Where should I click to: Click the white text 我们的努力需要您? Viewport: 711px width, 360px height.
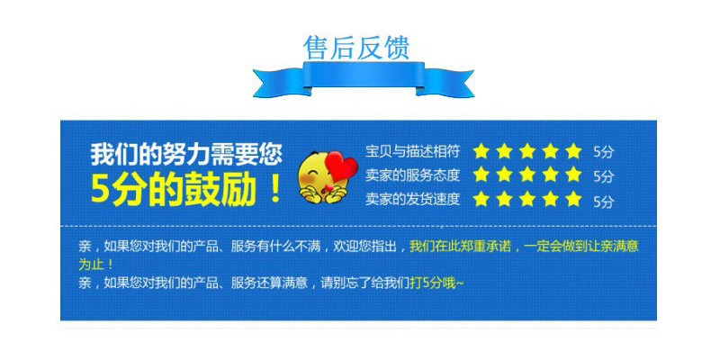click(185, 154)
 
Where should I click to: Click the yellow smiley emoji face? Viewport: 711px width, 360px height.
click(320, 175)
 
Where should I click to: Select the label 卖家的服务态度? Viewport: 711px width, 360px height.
click(413, 175)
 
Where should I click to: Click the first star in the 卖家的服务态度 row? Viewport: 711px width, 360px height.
click(481, 175)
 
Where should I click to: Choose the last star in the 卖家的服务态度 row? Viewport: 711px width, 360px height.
click(573, 175)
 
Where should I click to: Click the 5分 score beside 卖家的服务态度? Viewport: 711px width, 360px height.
click(603, 176)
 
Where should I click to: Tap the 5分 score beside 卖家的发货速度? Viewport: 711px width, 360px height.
click(603, 201)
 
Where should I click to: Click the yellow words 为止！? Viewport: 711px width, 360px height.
click(96, 265)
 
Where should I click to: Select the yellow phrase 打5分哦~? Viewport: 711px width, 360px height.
click(436, 283)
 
